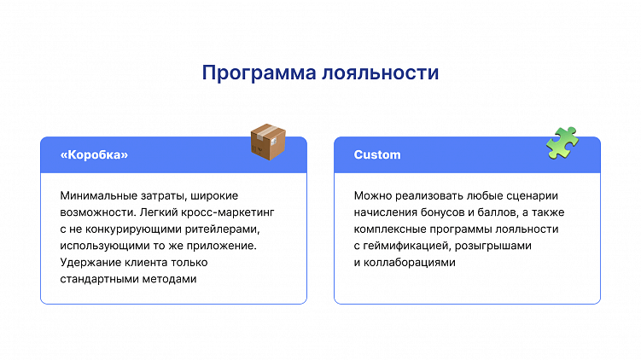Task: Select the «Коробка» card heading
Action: (94, 155)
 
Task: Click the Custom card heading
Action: (377, 155)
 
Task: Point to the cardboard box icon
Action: (267, 142)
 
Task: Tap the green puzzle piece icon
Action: (562, 142)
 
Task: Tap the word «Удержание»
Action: (90, 263)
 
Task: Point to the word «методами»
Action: (172, 280)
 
